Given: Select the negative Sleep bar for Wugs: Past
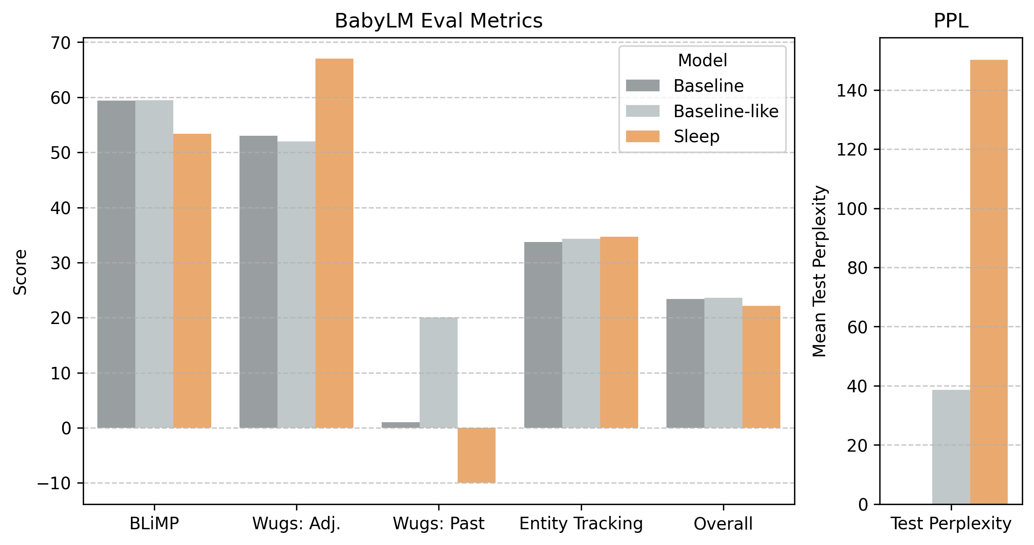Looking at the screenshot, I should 476,455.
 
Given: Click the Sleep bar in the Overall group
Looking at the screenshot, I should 761,367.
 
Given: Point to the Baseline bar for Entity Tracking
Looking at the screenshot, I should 543,335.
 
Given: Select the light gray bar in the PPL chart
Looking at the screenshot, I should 951,447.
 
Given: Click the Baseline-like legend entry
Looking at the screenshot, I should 726,111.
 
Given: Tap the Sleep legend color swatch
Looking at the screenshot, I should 643,137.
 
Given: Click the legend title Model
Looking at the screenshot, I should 702,60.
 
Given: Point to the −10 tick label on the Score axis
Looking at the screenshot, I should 54,483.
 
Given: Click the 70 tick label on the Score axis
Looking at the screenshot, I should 60,42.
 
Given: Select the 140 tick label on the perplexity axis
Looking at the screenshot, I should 851,90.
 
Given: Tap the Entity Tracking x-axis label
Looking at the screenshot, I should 581,524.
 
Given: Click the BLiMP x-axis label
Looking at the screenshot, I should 154,524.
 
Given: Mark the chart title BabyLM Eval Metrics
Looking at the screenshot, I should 438,21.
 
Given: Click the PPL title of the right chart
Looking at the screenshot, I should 951,21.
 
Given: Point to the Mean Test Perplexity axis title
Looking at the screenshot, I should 820,271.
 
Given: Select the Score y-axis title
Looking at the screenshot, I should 20,272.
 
